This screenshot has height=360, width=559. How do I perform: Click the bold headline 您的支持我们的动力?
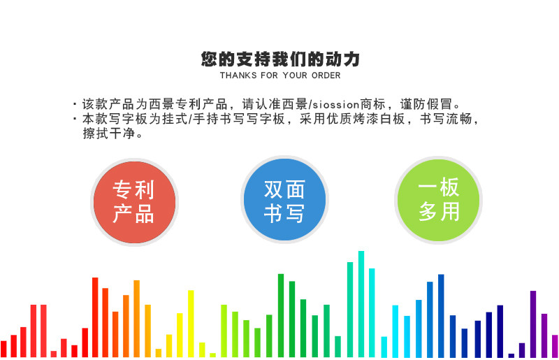(280, 59)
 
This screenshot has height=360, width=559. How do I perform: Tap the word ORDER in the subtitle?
(326, 75)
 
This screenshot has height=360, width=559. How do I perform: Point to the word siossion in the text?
(336, 105)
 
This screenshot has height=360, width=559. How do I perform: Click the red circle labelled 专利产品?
(134, 202)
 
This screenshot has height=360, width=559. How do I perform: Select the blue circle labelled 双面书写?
(284, 200)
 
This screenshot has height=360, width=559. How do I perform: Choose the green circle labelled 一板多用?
(439, 200)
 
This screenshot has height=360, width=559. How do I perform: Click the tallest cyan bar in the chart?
(361, 304)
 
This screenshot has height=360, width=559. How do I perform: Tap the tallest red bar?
(95, 317)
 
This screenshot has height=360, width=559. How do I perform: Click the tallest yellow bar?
(191, 324)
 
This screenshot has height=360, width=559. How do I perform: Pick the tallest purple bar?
(533, 324)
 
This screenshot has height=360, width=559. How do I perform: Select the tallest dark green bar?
(281, 315)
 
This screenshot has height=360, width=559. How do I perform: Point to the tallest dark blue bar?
(441, 316)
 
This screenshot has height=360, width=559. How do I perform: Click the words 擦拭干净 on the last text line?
(109, 133)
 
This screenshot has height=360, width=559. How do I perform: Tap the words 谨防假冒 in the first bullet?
(426, 104)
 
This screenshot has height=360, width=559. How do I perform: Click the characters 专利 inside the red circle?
(133, 189)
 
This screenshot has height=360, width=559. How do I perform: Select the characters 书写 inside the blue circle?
(284, 213)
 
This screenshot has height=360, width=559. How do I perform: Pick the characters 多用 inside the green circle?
(439, 211)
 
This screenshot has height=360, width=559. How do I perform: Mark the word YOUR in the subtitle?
(295, 75)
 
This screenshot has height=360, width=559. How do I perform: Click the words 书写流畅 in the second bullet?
(447, 119)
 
